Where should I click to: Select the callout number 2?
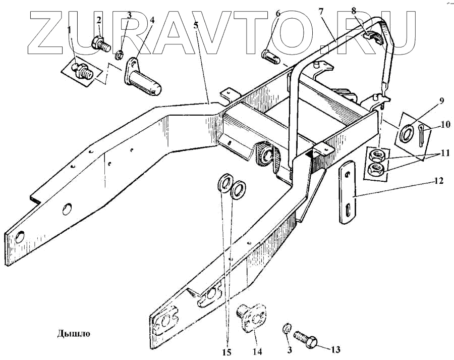click(x=99, y=20)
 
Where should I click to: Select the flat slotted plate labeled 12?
click(x=348, y=194)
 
